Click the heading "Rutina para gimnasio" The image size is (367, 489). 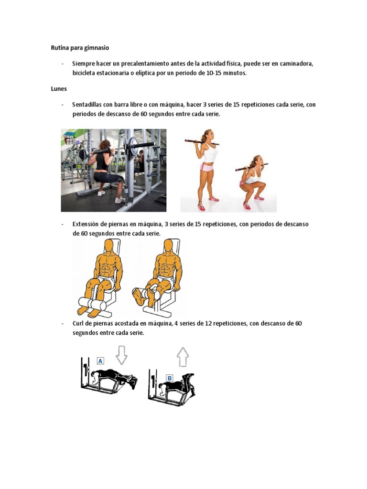(80, 48)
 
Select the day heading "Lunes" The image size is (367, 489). (59, 89)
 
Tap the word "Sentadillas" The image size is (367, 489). (87, 105)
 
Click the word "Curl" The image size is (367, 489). (78, 323)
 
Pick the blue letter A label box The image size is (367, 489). (100, 361)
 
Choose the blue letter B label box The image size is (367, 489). (170, 378)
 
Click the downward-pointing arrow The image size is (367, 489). (121, 355)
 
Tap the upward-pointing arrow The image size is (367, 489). (183, 357)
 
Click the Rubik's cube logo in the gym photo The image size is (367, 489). (70, 138)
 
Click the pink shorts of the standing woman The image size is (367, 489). (206, 168)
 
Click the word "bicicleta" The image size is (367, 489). (85, 73)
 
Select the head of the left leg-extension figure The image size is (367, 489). (109, 246)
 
